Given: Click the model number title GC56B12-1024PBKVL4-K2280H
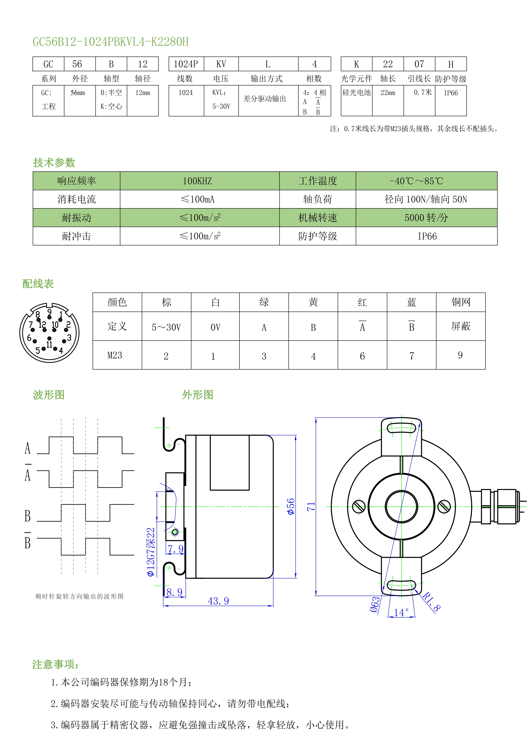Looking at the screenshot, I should [111, 42].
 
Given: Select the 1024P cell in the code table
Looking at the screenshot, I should [186, 64].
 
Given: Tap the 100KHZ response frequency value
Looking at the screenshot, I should [197, 181].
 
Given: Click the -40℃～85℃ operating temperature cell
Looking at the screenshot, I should [416, 181].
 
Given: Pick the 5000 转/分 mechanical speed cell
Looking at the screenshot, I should [426, 218].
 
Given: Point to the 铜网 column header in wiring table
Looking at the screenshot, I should [460, 302].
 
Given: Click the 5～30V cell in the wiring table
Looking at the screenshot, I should [166, 327].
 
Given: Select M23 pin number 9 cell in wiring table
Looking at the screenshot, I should [460, 355].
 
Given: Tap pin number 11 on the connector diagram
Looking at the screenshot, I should [49, 344].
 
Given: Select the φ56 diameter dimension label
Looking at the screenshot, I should [290, 506].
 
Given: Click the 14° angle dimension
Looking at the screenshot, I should [401, 612].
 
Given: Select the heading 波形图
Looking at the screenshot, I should [49, 395].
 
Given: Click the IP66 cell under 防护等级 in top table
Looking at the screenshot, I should [451, 93].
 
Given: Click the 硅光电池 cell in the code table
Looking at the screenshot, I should [356, 93].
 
